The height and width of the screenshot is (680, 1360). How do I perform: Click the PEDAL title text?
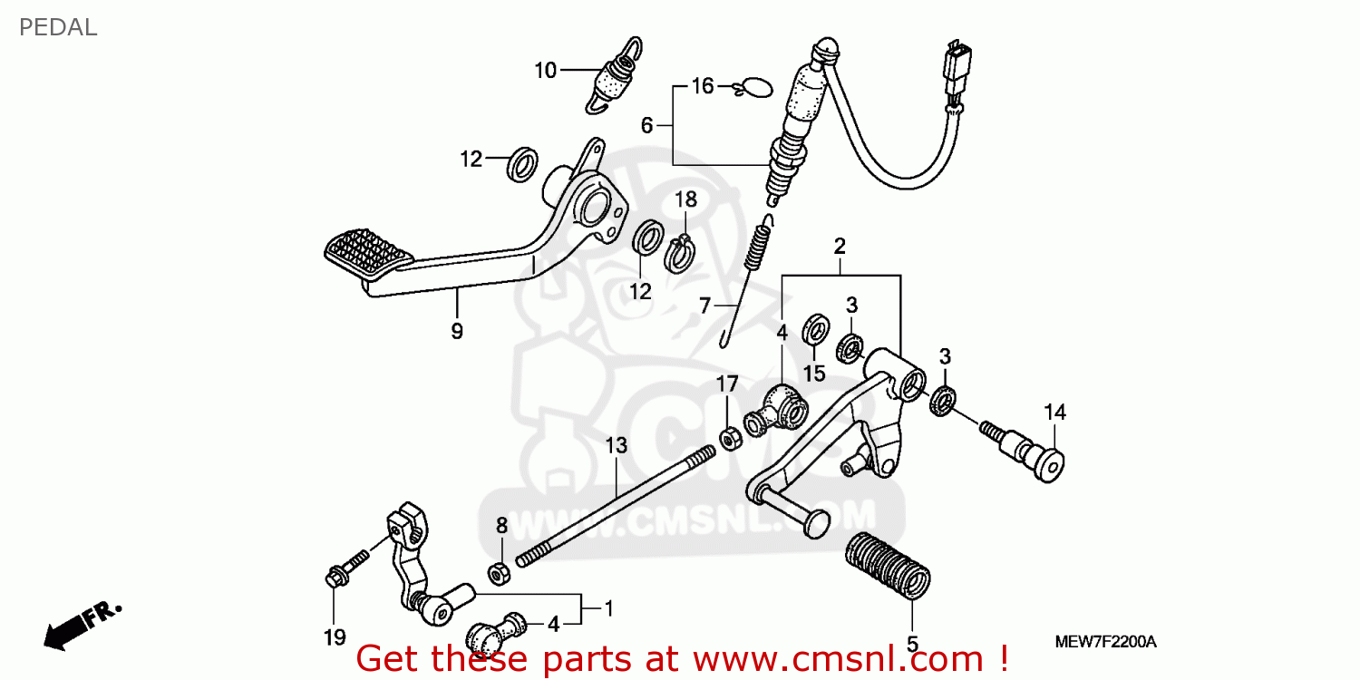58,28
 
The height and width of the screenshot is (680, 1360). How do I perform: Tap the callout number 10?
545,70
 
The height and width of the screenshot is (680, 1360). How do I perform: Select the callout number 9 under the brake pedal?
457,331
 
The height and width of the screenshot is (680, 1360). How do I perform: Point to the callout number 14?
1054,413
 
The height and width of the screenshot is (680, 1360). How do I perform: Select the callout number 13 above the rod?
617,445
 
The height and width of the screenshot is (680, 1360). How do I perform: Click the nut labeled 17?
727,439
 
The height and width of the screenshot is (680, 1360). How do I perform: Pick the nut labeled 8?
498,573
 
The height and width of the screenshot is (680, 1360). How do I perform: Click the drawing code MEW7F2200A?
1105,642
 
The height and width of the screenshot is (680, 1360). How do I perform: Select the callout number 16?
703,86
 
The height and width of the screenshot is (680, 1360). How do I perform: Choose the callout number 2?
840,246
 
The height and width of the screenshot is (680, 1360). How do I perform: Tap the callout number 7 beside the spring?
704,306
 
